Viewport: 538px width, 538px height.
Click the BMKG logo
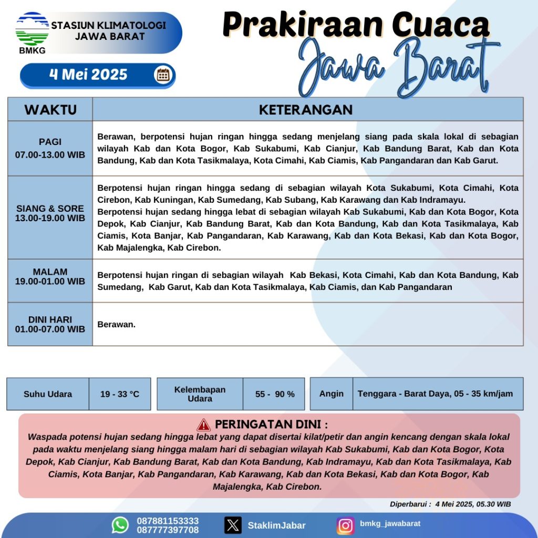click(x=32, y=33)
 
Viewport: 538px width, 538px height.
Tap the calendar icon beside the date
click(x=163, y=75)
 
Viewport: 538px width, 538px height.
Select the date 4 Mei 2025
click(x=88, y=75)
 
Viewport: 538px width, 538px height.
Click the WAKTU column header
click(x=50, y=110)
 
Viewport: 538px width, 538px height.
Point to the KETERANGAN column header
click(x=306, y=110)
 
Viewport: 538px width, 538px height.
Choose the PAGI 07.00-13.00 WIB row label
click(x=50, y=149)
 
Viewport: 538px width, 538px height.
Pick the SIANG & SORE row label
click(x=50, y=213)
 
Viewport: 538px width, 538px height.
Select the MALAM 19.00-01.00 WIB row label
click(x=50, y=276)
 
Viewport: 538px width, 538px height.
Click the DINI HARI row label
click(x=50, y=324)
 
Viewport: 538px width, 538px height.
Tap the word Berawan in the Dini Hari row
click(x=116, y=325)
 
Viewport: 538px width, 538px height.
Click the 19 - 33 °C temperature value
click(x=120, y=394)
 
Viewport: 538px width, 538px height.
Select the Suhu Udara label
click(x=48, y=394)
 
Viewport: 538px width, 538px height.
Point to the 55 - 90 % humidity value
click(x=275, y=394)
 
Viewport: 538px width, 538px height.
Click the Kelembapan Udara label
click(x=200, y=394)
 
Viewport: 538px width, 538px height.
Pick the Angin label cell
click(x=332, y=394)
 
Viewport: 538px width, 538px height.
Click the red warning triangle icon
click(x=204, y=425)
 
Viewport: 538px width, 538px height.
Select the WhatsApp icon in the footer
click(x=120, y=524)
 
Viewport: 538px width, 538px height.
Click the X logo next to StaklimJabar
click(x=233, y=525)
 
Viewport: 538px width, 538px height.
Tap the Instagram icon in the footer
click(x=345, y=525)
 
